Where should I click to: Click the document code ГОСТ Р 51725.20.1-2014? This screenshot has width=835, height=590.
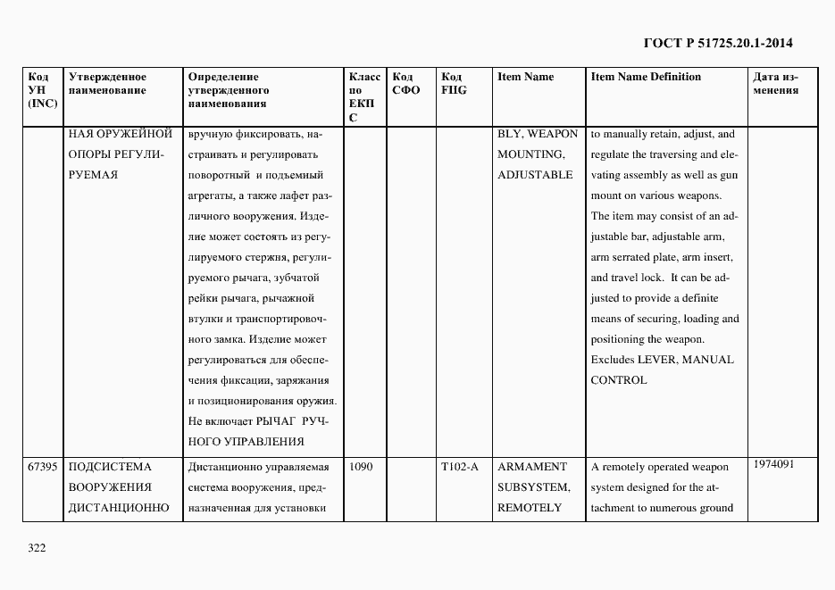coord(718,43)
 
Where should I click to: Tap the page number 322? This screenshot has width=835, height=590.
coord(37,548)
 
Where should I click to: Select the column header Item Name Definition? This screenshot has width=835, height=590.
coord(646,77)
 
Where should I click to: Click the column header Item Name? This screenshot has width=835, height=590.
coord(525,77)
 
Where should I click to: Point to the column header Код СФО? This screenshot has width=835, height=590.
coord(405,83)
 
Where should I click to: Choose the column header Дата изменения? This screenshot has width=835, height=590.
coord(775,83)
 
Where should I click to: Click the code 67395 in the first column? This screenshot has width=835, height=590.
coord(43,467)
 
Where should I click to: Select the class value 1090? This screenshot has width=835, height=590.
coord(362,467)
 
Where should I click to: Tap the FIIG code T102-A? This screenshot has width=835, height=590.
coord(460,467)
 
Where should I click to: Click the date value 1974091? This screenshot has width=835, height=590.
coord(773,464)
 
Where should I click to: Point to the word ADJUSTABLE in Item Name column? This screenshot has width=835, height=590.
coord(535,175)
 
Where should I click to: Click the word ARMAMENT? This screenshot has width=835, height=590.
coord(532,467)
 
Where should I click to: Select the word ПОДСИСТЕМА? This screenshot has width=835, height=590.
coord(110,467)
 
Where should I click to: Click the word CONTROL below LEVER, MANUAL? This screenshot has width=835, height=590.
coord(619,380)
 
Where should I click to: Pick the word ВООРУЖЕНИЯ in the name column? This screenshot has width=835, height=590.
coord(109,487)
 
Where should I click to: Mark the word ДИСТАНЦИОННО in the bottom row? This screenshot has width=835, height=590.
coord(119,508)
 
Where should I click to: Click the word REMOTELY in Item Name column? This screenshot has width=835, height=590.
coord(530,508)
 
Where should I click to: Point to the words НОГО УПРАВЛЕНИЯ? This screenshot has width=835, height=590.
coord(246,441)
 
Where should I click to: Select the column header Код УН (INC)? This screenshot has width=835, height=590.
coord(43,90)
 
